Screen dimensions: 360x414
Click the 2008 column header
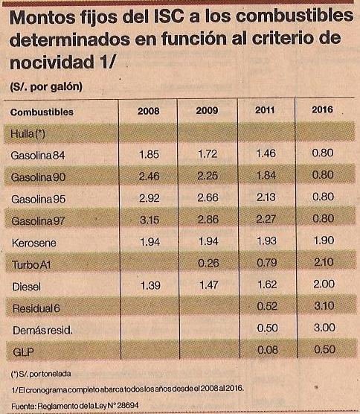tap(148, 111)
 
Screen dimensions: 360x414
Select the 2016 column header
tap(322, 109)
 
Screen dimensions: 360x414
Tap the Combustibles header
tap(42, 112)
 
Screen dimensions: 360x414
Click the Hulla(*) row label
tap(28, 134)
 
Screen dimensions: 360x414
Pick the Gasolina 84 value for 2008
tap(149, 154)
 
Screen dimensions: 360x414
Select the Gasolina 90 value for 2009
tap(208, 176)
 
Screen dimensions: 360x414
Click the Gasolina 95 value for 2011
tap(266, 197)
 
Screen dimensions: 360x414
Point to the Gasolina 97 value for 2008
tap(150, 220)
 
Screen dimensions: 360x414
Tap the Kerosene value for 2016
tap(324, 241)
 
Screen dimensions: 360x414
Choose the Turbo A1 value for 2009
tap(208, 263)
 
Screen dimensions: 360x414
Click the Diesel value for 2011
tap(267, 284)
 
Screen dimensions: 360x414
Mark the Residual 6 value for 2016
tap(324, 306)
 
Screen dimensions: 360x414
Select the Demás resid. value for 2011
tap(268, 328)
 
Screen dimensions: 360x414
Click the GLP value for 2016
tap(324, 349)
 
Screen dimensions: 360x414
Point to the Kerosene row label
tap(34, 243)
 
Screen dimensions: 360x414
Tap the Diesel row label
tap(26, 287)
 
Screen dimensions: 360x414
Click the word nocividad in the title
tap(52, 63)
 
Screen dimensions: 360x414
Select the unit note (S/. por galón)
tap(46, 86)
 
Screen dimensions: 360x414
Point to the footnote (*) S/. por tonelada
tap(41, 374)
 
